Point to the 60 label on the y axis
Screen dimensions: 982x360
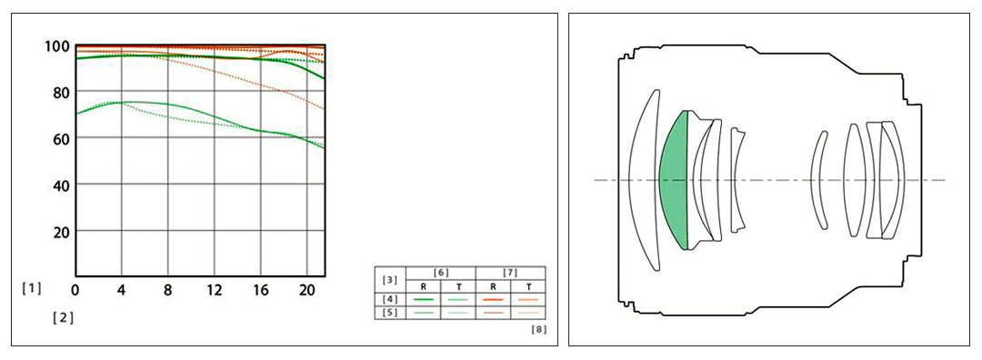tap(57, 138)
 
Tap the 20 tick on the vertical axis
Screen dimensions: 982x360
tap(57, 231)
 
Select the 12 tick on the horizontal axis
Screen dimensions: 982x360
tap(215, 290)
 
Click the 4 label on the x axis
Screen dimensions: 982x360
tap(122, 290)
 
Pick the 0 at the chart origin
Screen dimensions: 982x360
tap(75, 290)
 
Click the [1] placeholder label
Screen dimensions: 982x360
tap(31, 288)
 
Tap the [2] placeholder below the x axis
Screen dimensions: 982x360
tap(64, 317)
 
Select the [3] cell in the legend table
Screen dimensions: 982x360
tap(389, 279)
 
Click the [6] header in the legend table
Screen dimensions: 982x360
tap(441, 273)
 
